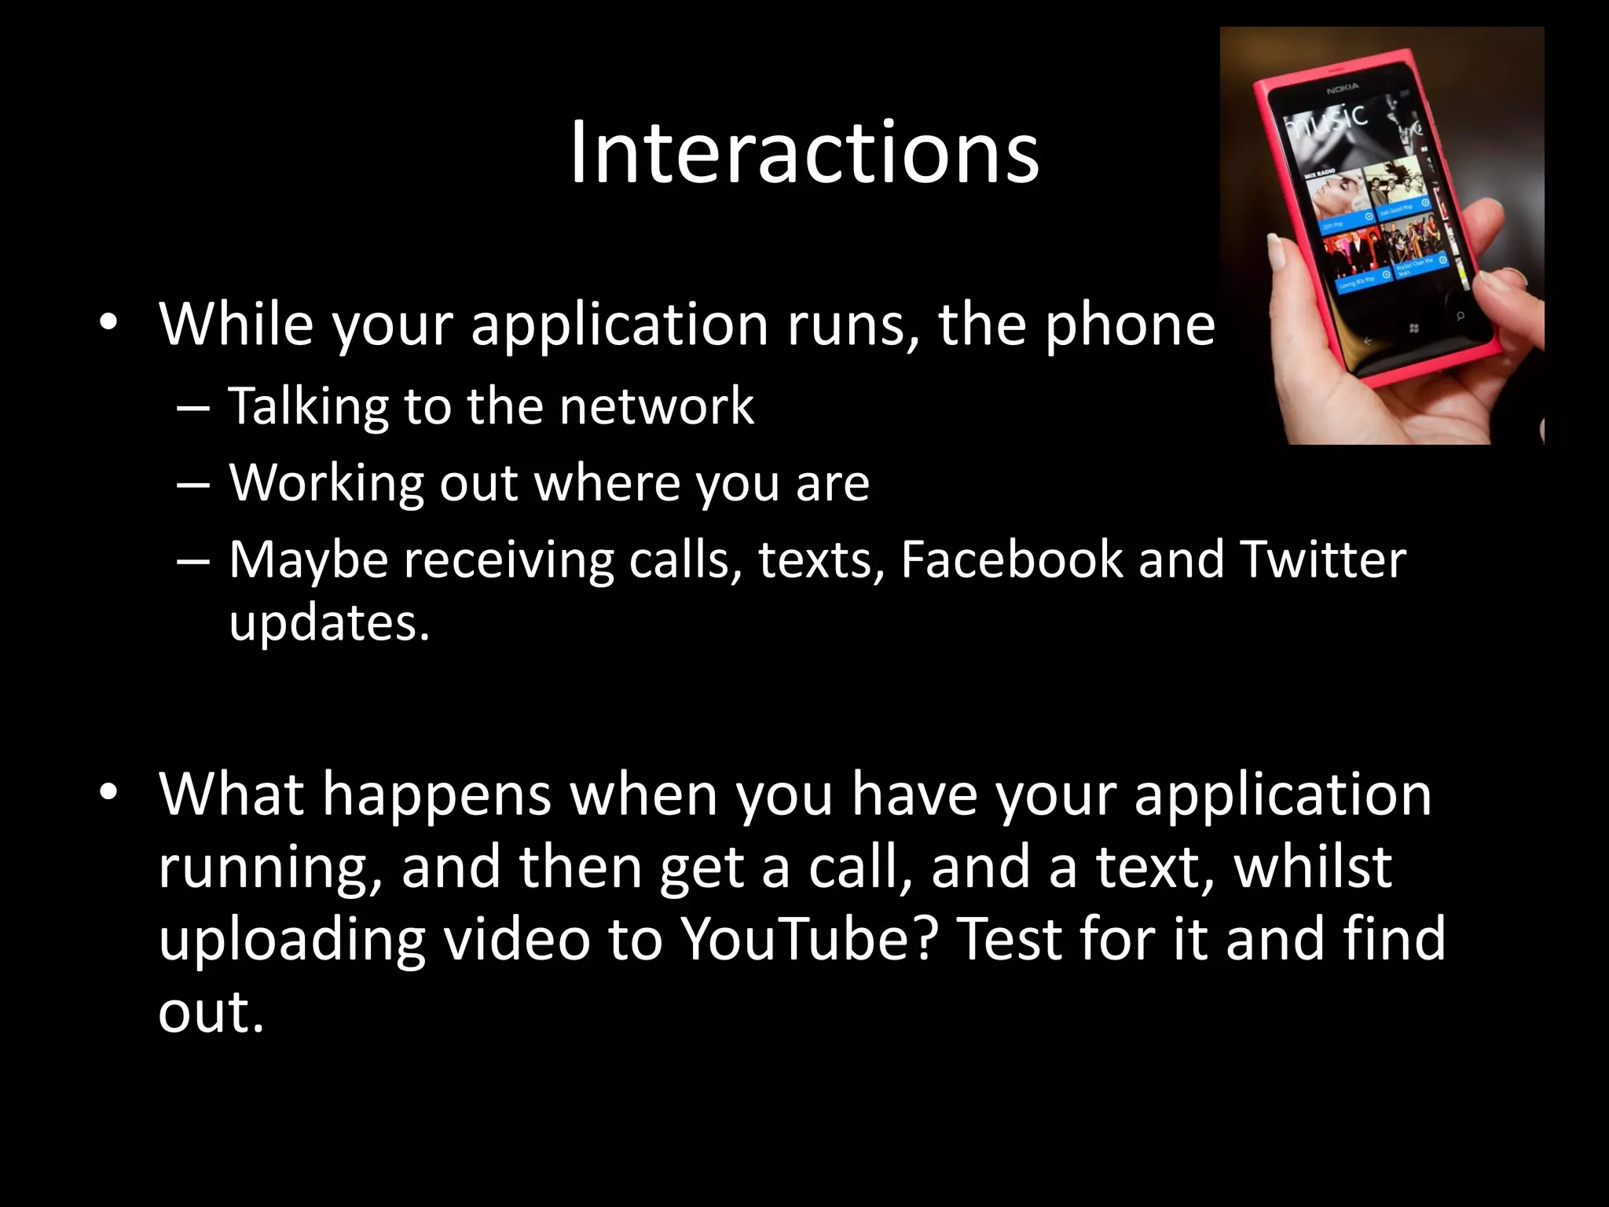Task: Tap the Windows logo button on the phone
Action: click(1414, 328)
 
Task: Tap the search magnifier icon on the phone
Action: click(1460, 316)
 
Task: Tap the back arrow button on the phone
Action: click(1367, 340)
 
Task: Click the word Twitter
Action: click(1323, 559)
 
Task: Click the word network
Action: click(657, 406)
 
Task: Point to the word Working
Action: click(326, 483)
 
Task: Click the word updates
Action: click(329, 623)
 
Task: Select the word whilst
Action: click(1313, 867)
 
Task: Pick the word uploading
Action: click(292, 940)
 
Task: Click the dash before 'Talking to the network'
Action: click(193, 409)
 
